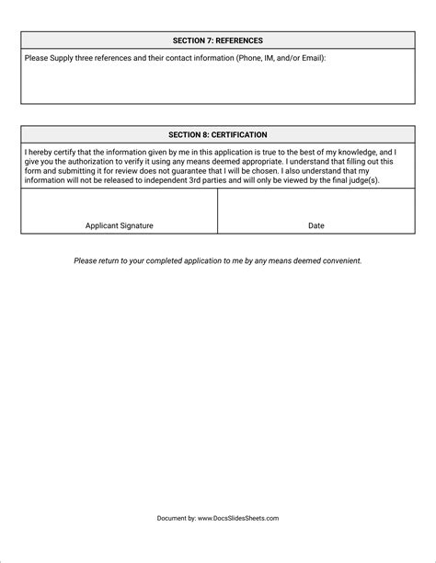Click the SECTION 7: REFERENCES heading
tap(218, 40)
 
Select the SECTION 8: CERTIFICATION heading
tap(218, 134)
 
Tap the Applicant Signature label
tap(120, 225)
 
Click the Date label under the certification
tap(316, 225)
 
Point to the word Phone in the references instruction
tap(249, 58)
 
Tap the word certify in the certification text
tap(59, 151)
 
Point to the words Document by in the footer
tap(177, 519)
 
